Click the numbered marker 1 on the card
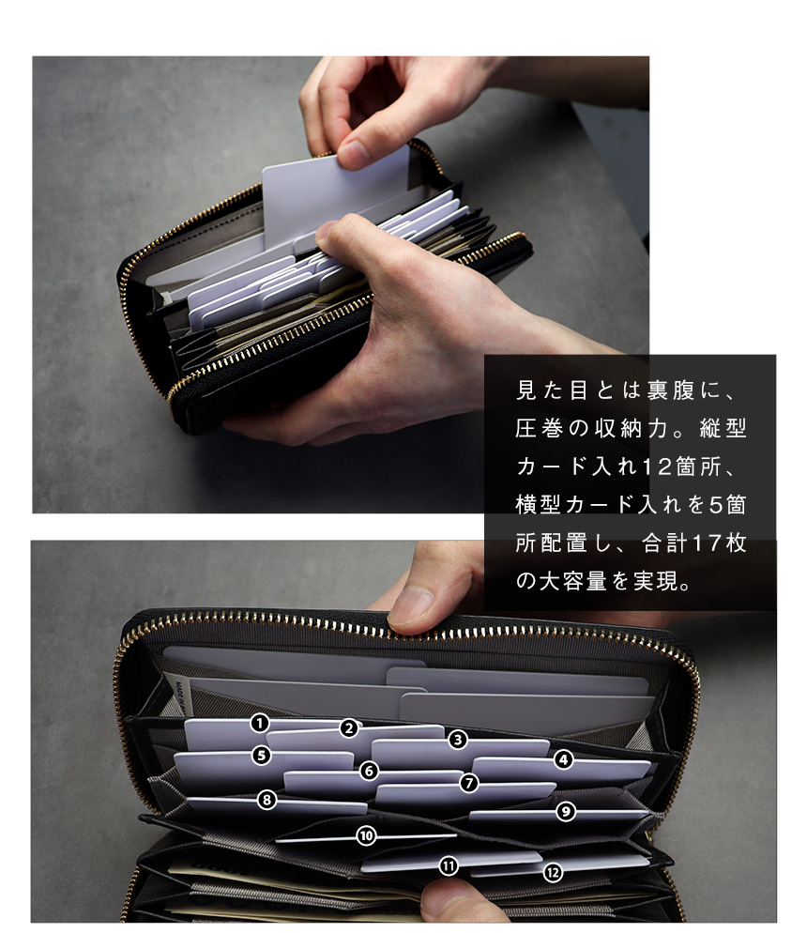click(x=260, y=723)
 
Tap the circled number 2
click(x=349, y=727)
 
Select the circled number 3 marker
click(x=457, y=739)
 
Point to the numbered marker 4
click(x=563, y=759)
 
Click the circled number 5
click(x=262, y=754)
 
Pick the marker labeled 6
click(x=370, y=771)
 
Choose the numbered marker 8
click(x=267, y=800)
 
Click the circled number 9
click(x=565, y=812)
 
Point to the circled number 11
click(x=449, y=866)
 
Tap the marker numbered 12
click(x=553, y=872)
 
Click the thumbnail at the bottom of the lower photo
click(x=441, y=902)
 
